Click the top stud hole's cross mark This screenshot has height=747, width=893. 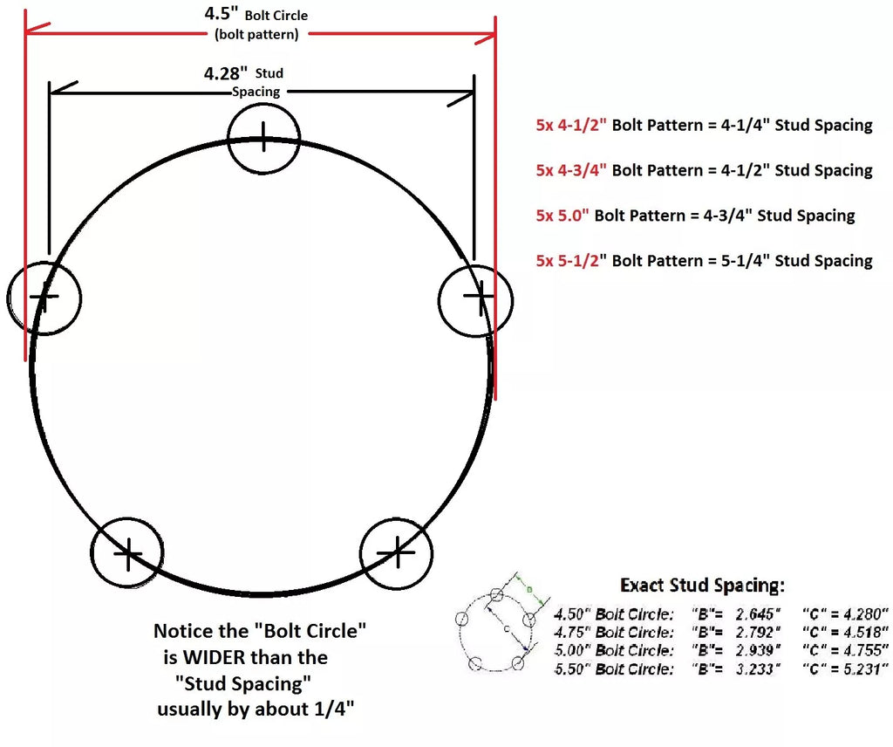[263, 135]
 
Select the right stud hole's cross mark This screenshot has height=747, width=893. [475, 298]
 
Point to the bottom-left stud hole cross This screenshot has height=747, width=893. [127, 553]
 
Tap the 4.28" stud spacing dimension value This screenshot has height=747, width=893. [222, 73]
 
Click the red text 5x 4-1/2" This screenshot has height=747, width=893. [571, 125]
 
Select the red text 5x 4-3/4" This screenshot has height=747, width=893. [571, 170]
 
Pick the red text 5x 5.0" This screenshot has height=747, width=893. [562, 216]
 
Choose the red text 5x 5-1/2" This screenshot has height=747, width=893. [571, 261]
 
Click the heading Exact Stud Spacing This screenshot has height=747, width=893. [702, 585]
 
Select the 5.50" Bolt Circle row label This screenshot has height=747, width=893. [614, 668]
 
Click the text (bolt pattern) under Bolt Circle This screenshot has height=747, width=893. [256, 35]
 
